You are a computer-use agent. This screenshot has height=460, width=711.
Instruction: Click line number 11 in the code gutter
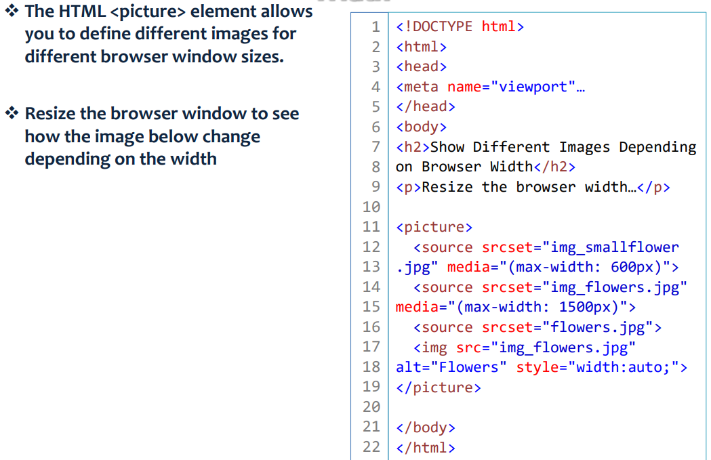point(371,227)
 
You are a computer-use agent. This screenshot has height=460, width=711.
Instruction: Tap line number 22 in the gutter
point(371,447)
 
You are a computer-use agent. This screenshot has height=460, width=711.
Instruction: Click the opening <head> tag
point(422,66)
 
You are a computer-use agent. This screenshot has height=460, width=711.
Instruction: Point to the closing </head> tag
point(426,106)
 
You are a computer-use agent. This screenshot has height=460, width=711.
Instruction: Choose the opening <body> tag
point(422,127)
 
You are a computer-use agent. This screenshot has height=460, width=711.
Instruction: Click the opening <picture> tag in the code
point(434,227)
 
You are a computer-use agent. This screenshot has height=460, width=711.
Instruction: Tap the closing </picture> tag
point(439,388)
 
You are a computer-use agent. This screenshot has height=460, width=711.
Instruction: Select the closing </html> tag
point(426,447)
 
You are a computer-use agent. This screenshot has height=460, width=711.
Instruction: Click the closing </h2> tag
point(554,167)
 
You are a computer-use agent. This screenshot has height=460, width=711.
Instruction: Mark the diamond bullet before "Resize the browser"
point(12,113)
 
